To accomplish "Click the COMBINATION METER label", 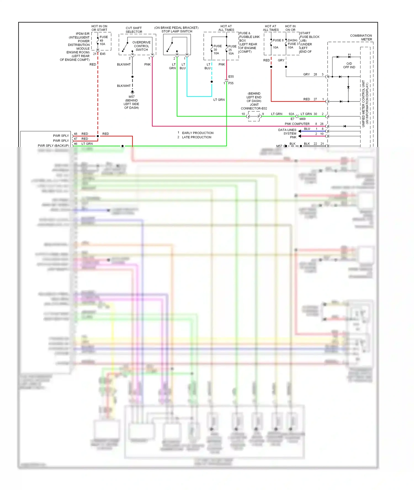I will tap(361, 38).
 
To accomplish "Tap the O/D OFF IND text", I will tap(349, 65).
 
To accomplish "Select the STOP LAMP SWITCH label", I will tap(177, 31).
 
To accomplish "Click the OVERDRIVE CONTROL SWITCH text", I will tap(142, 46).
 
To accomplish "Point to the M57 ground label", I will tap(132, 97).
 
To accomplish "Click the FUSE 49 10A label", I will tap(104, 41).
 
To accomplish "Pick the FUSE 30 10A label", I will tap(217, 50).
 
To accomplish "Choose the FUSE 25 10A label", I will tap(232, 50).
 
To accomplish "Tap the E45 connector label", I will tap(103, 54).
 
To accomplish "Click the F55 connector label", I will tap(231, 83).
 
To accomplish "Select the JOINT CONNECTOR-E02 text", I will tap(254, 106).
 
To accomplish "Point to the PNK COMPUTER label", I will tap(297, 124).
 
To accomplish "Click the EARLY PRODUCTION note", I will tap(198, 133).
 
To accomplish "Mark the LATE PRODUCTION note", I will tap(197, 137).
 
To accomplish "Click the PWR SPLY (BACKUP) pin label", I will tap(53, 146).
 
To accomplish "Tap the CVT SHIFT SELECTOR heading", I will tap(134, 30).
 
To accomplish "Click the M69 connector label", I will tap(302, 119).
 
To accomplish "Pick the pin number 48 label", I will tap(76, 134).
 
